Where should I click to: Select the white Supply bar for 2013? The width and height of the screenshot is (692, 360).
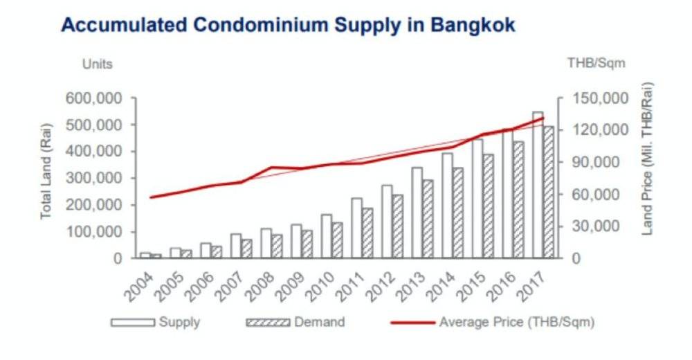(417, 213)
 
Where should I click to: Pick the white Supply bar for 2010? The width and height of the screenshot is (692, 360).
(327, 236)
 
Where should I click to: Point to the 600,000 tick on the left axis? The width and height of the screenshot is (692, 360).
(94, 98)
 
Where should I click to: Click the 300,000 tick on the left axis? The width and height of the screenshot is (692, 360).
(94, 178)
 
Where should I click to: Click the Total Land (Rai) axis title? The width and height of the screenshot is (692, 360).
(46, 178)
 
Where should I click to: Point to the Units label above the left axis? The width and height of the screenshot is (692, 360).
(98, 64)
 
